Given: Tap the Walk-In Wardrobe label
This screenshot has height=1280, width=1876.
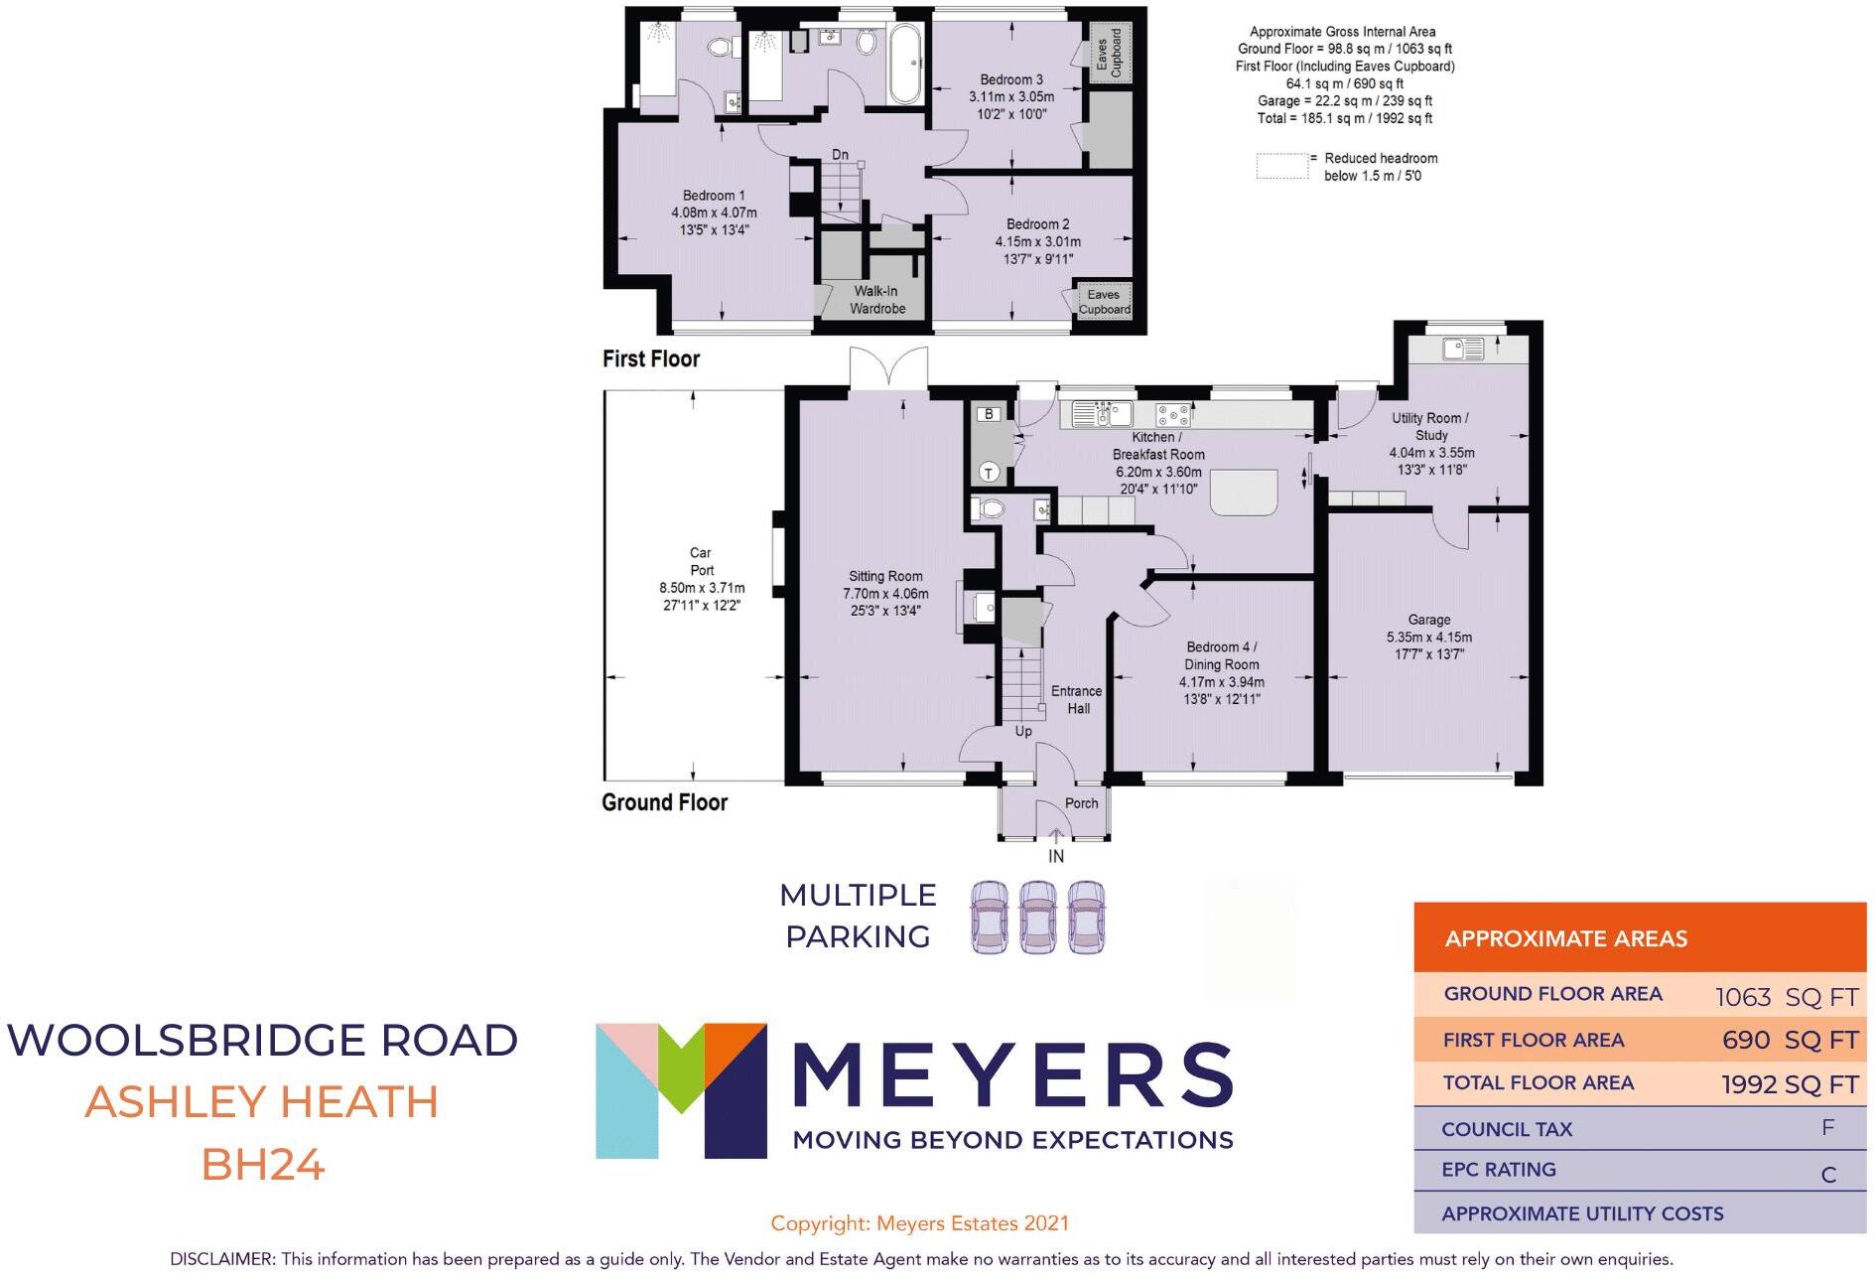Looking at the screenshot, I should (x=876, y=300).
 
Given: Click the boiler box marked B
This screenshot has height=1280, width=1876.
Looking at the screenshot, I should (x=989, y=414).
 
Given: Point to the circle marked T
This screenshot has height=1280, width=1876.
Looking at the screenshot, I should (x=989, y=473).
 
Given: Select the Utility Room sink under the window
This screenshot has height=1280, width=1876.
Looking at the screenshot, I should (x=1464, y=349).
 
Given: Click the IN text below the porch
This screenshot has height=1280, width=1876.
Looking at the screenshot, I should (x=1056, y=856).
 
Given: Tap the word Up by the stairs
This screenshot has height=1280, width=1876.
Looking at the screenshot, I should (x=1023, y=731).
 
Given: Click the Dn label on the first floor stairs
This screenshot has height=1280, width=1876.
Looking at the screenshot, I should (x=840, y=154).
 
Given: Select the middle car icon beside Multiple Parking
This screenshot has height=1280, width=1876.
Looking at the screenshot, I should (x=1037, y=918).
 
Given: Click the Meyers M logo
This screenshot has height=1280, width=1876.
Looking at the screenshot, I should (x=681, y=1090).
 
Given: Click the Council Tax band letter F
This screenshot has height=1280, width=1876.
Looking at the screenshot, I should (x=1827, y=1127).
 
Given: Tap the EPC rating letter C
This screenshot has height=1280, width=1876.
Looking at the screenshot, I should (x=1828, y=1175).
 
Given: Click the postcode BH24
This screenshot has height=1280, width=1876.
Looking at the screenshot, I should (x=263, y=1165).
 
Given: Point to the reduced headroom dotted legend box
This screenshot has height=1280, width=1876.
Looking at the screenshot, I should (x=1281, y=166).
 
